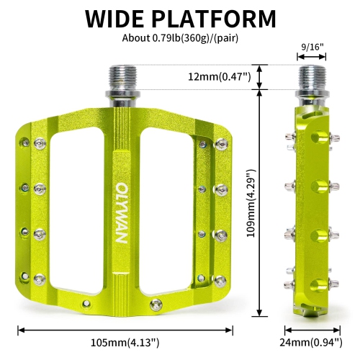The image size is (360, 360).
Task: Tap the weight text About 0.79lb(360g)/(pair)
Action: [180, 37]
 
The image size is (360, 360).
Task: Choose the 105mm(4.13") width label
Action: [124, 343]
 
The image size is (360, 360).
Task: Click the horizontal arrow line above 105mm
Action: [125, 330]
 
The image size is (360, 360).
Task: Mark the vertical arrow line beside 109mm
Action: [258, 204]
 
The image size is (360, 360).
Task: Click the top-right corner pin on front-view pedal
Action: [220, 145]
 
